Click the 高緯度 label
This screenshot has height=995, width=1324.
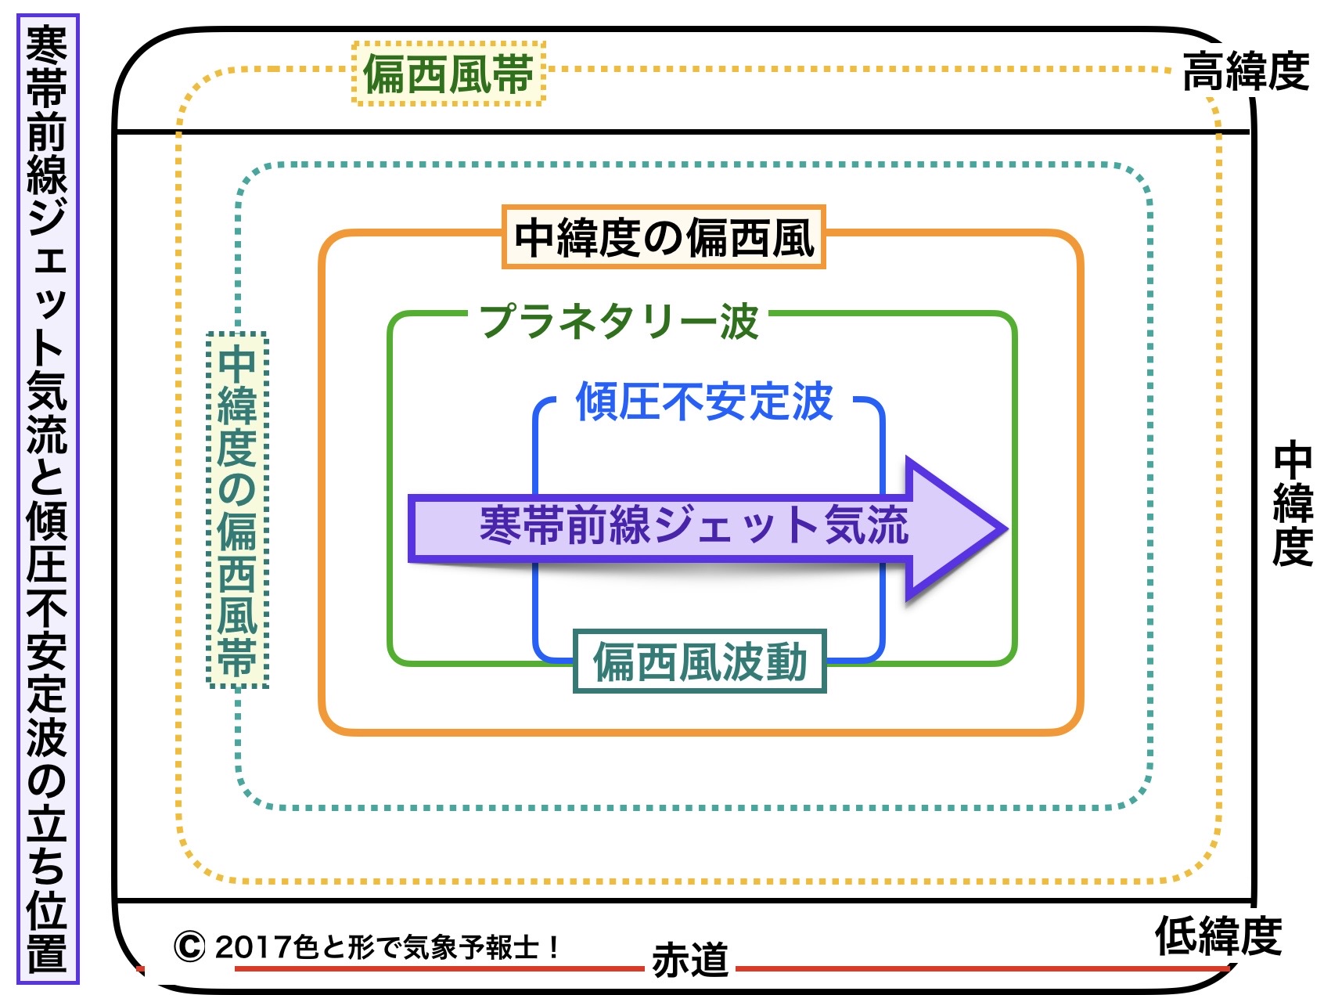tap(1245, 72)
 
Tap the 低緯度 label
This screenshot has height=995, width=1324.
tap(1218, 936)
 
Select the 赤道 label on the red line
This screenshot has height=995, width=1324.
tap(689, 960)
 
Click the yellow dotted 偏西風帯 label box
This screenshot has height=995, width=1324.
tap(448, 74)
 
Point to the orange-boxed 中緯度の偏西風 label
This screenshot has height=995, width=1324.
tap(664, 237)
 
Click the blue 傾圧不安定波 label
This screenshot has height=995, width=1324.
tap(704, 402)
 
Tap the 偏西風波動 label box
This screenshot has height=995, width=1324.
tap(700, 662)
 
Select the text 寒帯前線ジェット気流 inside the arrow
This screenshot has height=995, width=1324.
tap(693, 525)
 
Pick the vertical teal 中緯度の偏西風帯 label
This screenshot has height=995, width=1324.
tap(237, 510)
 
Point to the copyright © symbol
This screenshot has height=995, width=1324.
tap(189, 946)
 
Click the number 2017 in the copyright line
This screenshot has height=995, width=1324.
tap(253, 947)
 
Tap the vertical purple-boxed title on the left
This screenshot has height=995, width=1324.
tap(48, 498)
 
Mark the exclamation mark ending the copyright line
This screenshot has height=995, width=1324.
tap(552, 947)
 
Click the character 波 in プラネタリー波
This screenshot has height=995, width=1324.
tap(739, 321)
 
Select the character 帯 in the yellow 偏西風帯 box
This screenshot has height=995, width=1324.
tap(513, 74)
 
